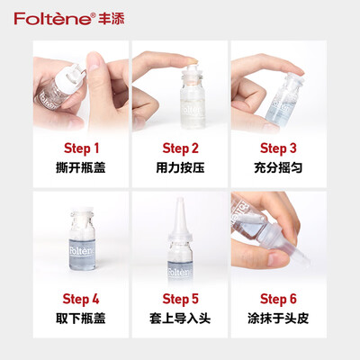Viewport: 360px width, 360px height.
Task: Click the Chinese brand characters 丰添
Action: [x=111, y=18]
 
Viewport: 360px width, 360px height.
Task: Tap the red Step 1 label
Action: [x=81, y=148]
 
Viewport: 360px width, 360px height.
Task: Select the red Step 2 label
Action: [x=180, y=148]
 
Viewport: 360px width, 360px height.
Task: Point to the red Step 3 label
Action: [x=278, y=148]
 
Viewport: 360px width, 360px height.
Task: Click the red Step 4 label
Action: [x=81, y=299]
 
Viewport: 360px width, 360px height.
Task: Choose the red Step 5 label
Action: [x=180, y=299]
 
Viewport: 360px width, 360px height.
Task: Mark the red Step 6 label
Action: [x=278, y=299]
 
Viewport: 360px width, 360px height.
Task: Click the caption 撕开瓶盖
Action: [x=81, y=167]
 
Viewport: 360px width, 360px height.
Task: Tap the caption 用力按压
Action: [x=180, y=167]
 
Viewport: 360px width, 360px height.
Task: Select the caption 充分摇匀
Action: [x=278, y=167]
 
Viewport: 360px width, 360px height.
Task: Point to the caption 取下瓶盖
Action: [x=81, y=318]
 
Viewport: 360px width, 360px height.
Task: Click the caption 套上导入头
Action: [x=180, y=318]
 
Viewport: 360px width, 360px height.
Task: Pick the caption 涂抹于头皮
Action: [x=278, y=318]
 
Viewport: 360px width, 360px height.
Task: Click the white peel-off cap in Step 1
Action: [x=71, y=77]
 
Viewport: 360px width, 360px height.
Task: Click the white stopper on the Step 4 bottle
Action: [x=82, y=211]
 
